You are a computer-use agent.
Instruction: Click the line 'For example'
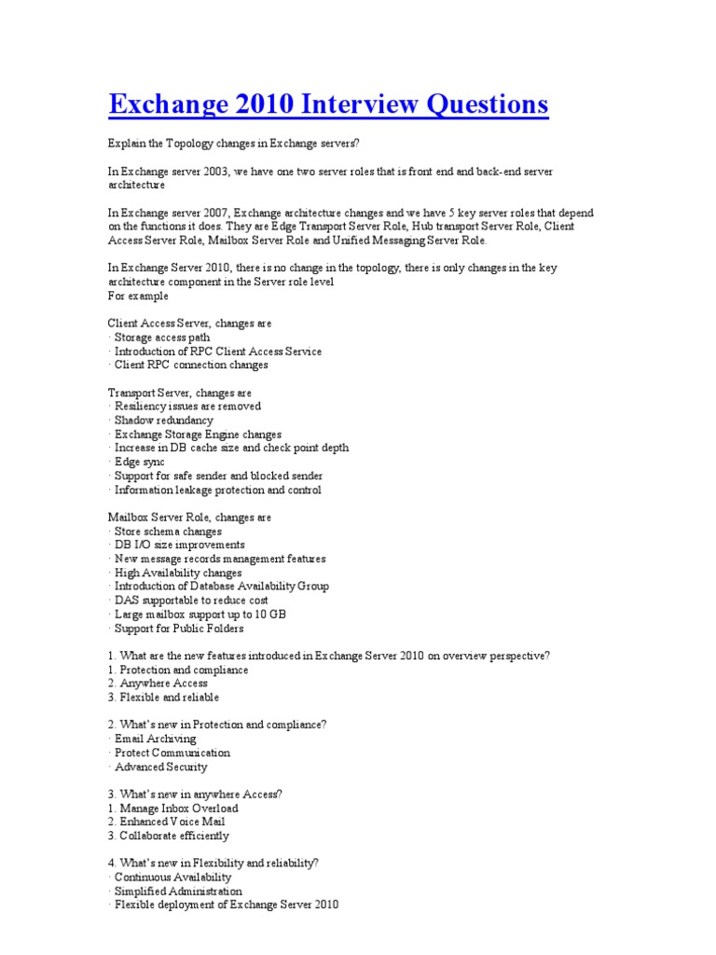(x=139, y=296)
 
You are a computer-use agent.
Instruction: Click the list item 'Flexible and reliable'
(x=163, y=698)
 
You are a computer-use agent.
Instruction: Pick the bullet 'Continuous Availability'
(x=172, y=878)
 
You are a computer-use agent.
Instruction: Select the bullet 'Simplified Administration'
(x=177, y=892)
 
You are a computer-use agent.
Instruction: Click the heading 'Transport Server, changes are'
(x=180, y=393)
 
